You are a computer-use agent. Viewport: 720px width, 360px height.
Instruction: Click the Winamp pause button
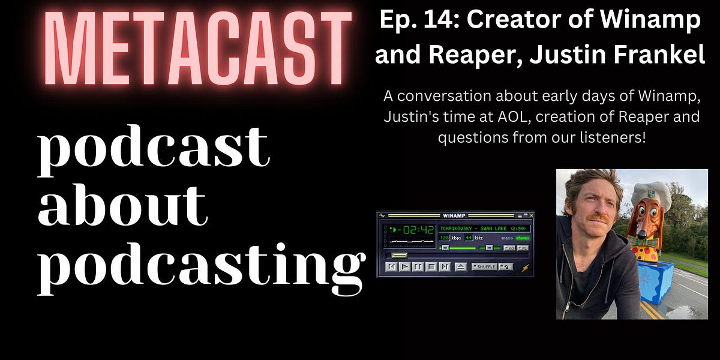[418, 266]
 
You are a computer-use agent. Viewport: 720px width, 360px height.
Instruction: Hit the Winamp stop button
[430, 266]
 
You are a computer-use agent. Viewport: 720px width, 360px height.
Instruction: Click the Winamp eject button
[460, 266]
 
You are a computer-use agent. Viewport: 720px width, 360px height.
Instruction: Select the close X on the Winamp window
[531, 215]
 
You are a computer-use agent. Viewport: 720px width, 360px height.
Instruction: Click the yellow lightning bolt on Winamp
[526, 268]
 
